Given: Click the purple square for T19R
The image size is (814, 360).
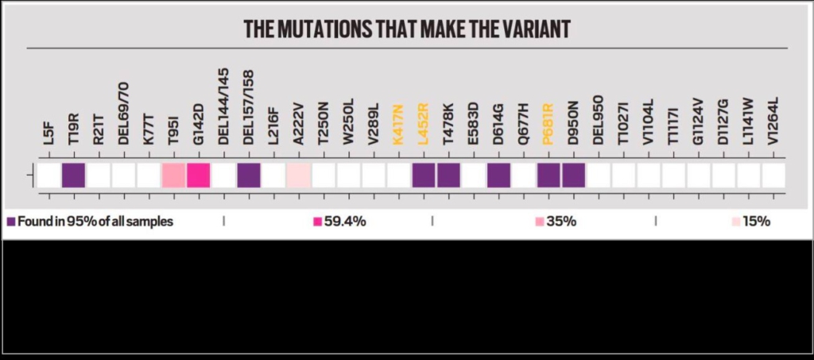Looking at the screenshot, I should coord(73,176).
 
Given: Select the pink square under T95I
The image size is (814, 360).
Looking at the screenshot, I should coord(173,176).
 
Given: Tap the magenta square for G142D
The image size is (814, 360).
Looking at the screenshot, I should coord(198,176).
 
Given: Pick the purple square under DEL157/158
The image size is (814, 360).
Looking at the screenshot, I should coord(248,176).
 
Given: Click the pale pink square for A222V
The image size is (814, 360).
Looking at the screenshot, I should coord(298,176).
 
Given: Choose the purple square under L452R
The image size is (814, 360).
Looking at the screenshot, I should coord(424,176).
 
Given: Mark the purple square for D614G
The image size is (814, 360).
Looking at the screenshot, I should coord(498,176).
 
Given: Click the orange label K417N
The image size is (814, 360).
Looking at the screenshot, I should coord(398,126).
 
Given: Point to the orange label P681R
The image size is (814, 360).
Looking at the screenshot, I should coord(548,124).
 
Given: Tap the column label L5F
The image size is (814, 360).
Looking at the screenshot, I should coord(48,134).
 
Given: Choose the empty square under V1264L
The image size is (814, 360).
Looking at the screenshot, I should coord(773,176).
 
